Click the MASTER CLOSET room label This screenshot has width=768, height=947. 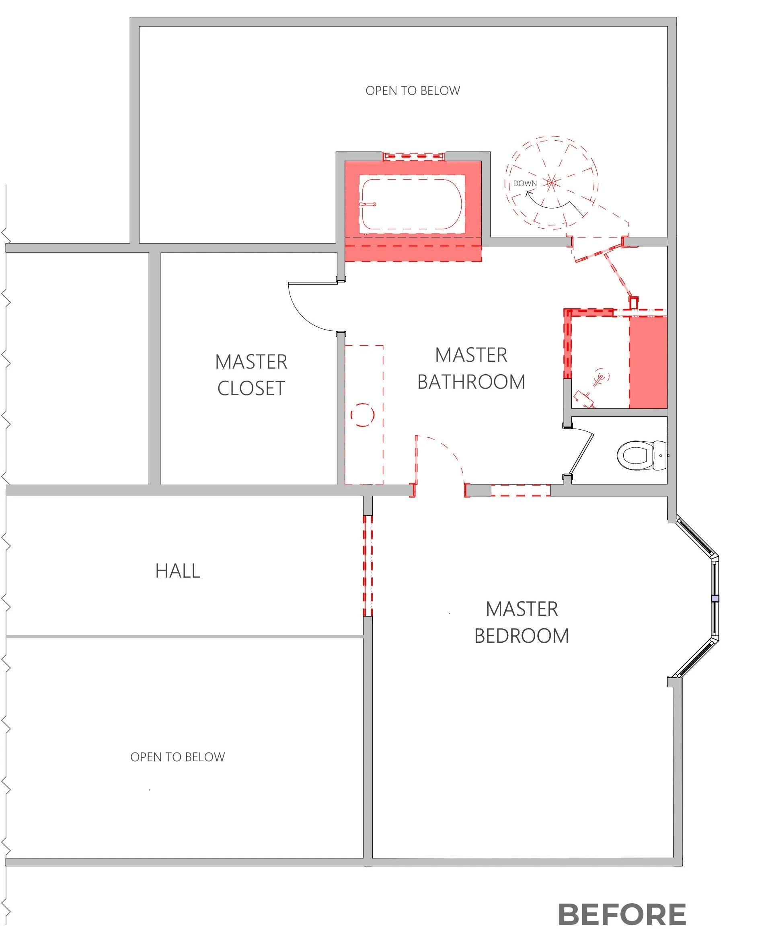(251, 375)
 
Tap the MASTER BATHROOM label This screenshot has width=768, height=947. (471, 369)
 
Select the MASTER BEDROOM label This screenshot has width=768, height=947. (522, 622)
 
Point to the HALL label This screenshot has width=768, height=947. (178, 571)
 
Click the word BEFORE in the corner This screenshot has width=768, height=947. (622, 915)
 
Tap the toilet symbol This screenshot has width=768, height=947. (641, 455)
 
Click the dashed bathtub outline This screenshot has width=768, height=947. (412, 204)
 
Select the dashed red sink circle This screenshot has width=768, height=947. (362, 415)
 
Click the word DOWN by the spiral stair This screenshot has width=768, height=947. (525, 184)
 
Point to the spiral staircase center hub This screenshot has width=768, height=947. (551, 182)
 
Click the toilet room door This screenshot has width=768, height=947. (581, 454)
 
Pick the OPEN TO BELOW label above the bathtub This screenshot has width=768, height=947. (412, 91)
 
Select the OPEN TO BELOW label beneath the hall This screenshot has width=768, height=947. (177, 757)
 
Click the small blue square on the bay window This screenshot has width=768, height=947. (715, 599)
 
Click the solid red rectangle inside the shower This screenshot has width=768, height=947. (648, 363)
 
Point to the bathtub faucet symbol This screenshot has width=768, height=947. (368, 204)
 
